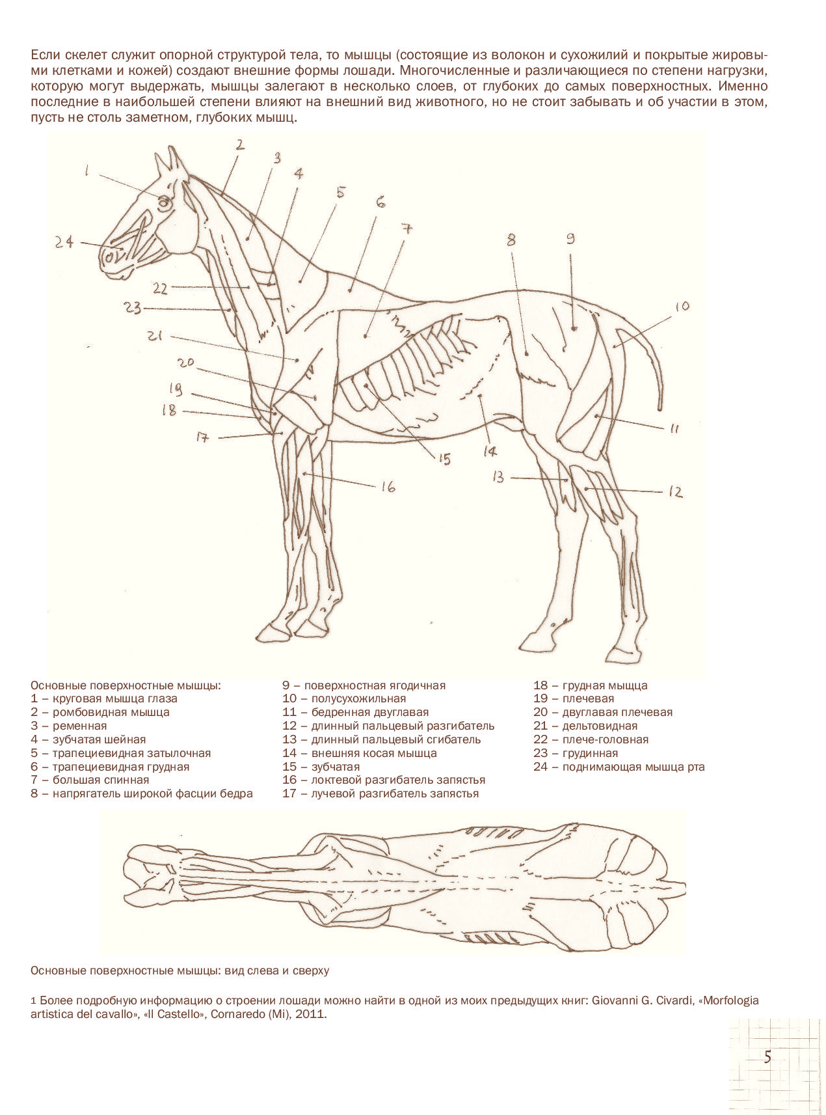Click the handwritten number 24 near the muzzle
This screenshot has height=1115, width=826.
point(64,242)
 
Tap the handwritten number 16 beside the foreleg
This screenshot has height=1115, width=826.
point(388,486)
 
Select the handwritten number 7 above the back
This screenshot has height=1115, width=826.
point(406,229)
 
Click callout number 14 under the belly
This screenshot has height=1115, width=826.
point(489,450)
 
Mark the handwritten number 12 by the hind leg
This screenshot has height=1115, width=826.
point(676,492)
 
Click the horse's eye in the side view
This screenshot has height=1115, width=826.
point(165,202)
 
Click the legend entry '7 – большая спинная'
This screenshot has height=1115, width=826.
point(90,780)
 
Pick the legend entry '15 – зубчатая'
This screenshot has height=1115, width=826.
point(321,767)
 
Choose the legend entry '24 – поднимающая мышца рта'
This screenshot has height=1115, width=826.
point(619,767)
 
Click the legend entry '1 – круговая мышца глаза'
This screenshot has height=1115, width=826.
point(104,698)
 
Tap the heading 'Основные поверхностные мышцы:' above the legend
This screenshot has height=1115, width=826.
point(126,685)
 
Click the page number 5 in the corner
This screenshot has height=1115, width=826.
point(767,1056)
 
